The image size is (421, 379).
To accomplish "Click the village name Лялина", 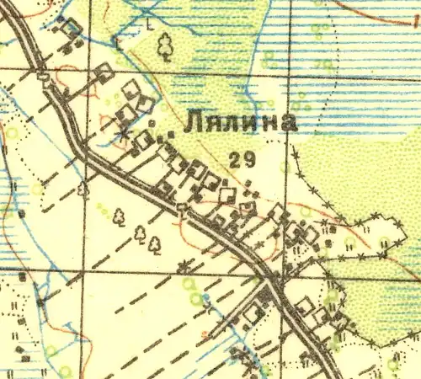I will pos(240,122).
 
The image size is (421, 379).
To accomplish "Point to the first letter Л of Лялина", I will pos(193,123).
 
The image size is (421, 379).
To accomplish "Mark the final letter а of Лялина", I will pos(288,123).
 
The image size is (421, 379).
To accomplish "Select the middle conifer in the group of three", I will pos(141,232).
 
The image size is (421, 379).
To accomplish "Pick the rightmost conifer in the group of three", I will pos(155,244).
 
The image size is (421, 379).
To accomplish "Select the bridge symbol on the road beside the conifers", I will pos(181,207).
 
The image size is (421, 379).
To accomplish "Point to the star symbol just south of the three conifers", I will pos(183,268).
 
